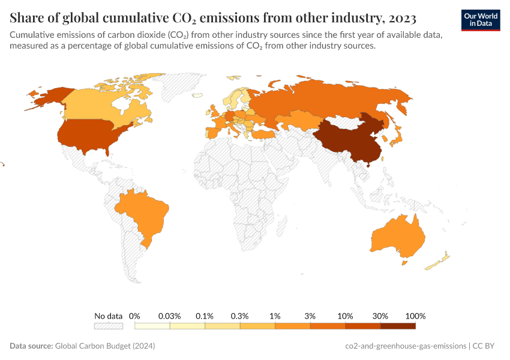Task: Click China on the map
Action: [x=348, y=138]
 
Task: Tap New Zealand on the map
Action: [x=438, y=261]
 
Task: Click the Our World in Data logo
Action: [x=481, y=20]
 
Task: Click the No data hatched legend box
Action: [x=108, y=326]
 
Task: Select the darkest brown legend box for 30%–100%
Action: [x=398, y=326]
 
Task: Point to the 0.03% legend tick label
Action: [x=170, y=316]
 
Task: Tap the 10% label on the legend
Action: [x=345, y=316]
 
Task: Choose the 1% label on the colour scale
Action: [x=275, y=316]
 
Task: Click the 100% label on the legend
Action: [x=415, y=316]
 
